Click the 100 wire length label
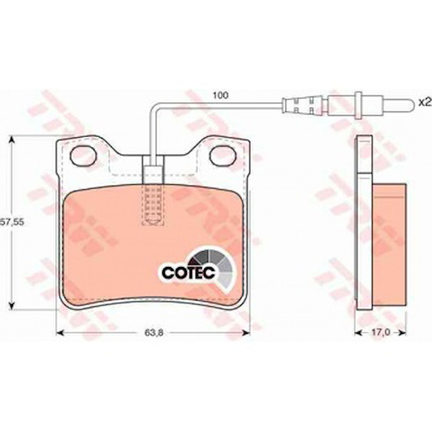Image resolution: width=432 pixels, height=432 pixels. click(220, 95)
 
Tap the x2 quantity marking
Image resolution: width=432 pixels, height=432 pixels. click(425, 103)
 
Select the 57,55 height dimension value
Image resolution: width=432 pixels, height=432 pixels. click(12, 222)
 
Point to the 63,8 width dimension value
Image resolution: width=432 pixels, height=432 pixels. click(154, 333)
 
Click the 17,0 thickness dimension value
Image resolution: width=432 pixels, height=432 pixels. click(380, 332)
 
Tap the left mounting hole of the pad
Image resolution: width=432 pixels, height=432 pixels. click(83, 155)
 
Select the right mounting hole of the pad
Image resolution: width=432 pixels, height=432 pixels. click(223, 155)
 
